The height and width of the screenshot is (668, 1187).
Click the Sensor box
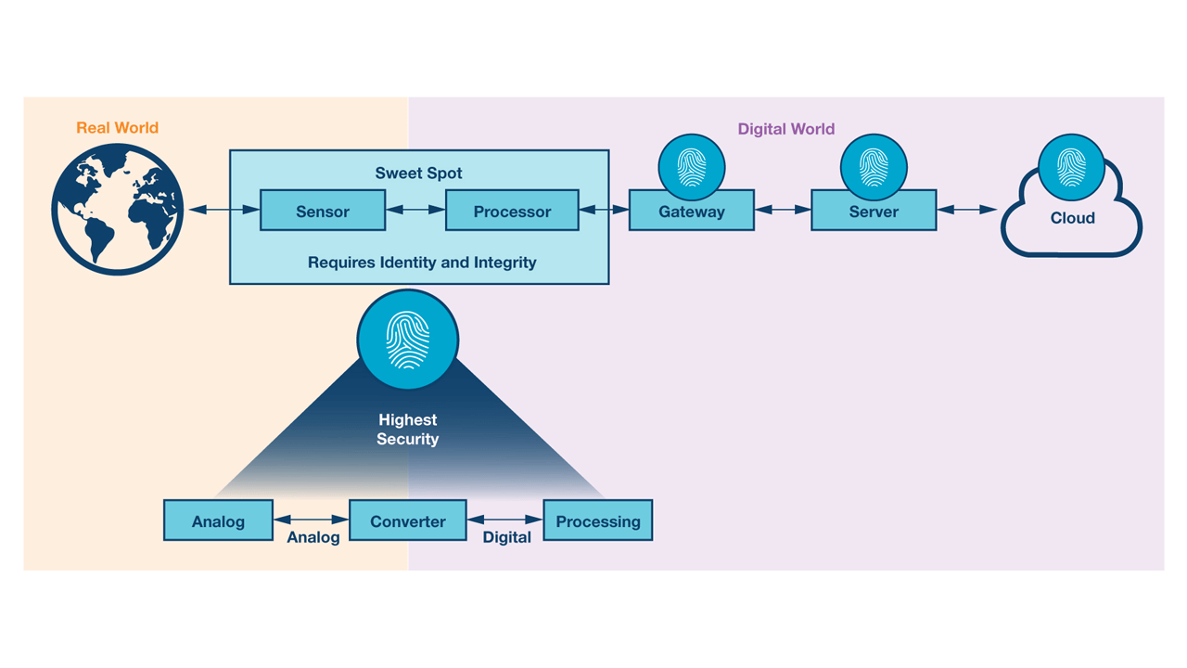point(323,211)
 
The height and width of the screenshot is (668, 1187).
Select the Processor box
point(512,211)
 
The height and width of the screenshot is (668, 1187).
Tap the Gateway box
point(691,212)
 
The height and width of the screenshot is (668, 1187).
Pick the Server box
point(874,212)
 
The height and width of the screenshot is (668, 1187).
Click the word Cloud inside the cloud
point(1072,218)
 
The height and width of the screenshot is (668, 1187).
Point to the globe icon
point(118,210)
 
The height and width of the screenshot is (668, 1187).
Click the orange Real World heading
point(117,128)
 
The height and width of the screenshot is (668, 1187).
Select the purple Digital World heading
point(785,129)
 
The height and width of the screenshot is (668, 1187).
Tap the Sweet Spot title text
point(418,173)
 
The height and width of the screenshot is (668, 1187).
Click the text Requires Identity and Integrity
point(422,263)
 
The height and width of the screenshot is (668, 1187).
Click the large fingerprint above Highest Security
point(408,340)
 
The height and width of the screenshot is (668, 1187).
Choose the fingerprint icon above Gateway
point(691,167)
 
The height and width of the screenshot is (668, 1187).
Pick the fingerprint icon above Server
point(874,167)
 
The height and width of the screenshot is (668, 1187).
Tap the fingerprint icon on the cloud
point(1071,168)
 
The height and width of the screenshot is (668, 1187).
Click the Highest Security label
point(407,430)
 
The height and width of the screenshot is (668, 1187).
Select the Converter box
point(408,520)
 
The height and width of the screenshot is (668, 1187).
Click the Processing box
point(597,520)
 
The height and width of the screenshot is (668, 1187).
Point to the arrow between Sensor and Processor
point(415,211)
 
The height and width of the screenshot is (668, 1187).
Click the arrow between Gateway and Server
point(783,211)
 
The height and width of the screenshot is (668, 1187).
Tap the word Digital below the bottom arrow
point(506,537)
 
